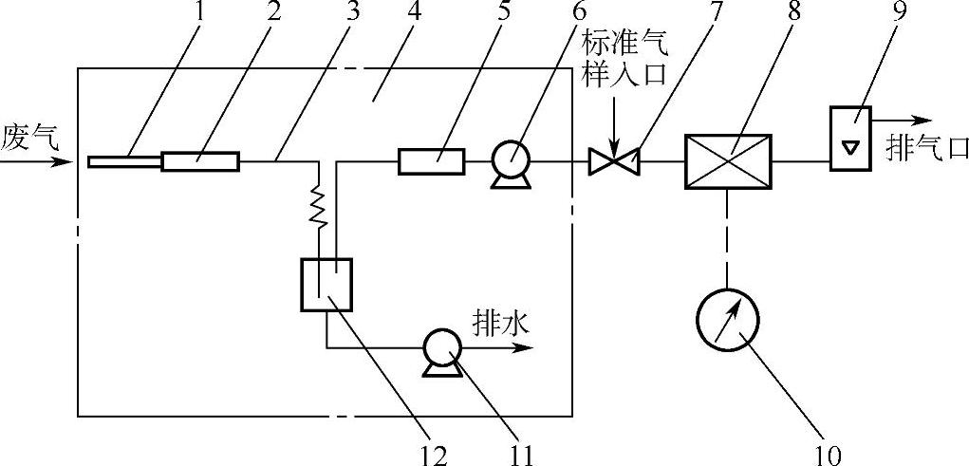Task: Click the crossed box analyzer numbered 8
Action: [728, 161]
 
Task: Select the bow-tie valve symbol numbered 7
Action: [614, 162]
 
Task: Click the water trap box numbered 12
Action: [326, 284]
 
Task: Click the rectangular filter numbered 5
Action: [431, 161]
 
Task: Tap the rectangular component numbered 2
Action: [200, 161]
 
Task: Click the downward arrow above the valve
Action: [614, 133]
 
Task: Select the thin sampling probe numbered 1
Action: [124, 161]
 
